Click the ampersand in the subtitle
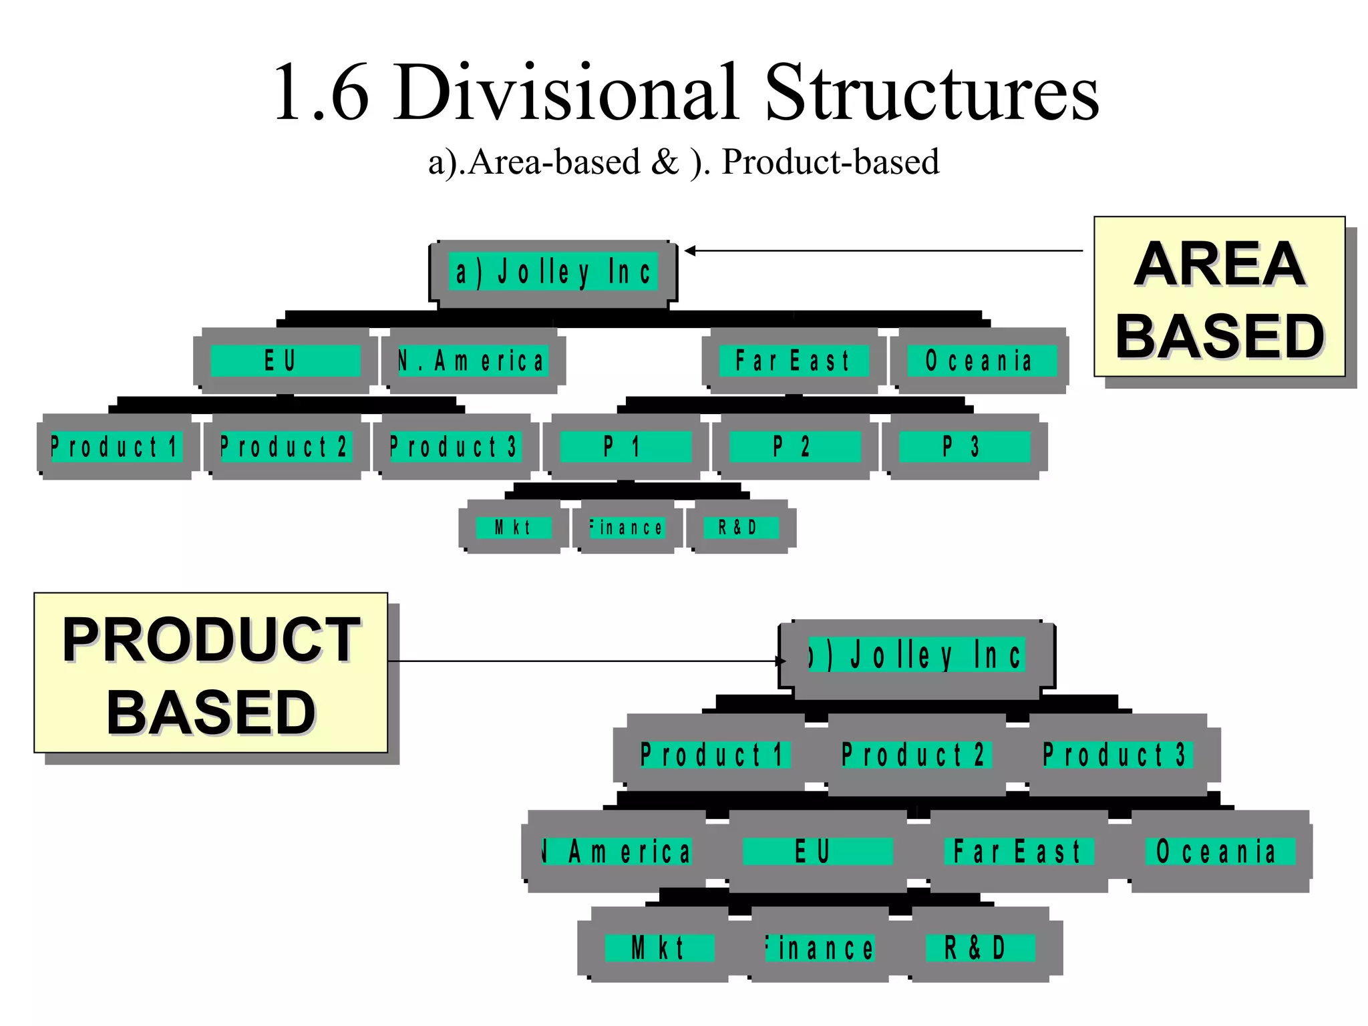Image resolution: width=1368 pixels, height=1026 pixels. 664,162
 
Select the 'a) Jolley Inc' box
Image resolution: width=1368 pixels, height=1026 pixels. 553,273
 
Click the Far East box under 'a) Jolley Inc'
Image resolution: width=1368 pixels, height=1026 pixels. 793,361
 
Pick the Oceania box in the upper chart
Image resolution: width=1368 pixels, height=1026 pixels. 979,361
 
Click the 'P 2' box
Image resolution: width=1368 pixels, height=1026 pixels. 792,446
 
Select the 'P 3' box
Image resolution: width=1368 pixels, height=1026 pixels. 963,446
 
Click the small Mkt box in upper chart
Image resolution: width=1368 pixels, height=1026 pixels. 513,528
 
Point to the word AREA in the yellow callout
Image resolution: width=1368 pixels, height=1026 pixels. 1219,265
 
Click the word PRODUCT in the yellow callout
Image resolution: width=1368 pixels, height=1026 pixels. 211,640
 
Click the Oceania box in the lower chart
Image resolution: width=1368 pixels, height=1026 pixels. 1218,851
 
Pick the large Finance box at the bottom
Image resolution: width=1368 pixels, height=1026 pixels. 820,947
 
